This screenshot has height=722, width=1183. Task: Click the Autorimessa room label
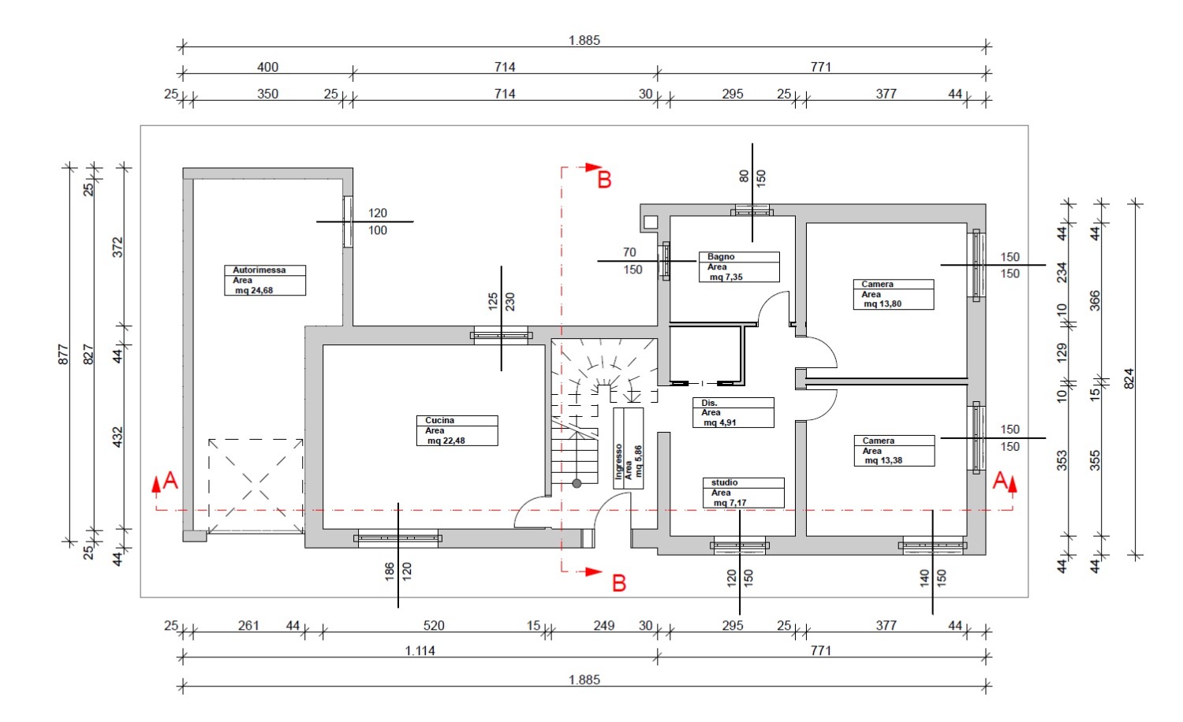[264, 281]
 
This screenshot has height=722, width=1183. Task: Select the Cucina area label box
[457, 430]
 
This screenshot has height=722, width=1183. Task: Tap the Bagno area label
[739, 266]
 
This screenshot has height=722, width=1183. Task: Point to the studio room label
[743, 493]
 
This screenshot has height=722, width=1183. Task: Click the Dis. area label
[733, 413]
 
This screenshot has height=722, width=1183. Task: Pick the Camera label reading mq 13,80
[893, 295]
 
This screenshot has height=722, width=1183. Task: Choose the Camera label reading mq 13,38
[894, 451]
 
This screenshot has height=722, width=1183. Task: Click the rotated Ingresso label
[628, 448]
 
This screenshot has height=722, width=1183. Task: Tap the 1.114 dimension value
[420, 651]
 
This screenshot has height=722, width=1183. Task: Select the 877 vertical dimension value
[63, 354]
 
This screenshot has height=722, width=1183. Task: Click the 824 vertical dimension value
[1129, 378]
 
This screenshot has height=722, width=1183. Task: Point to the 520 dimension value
[434, 625]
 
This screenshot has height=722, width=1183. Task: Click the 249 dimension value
[603, 625]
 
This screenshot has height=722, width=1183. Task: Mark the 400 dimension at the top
[268, 67]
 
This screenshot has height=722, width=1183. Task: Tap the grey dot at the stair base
[577, 483]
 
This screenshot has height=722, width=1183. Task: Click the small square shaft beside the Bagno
[651, 222]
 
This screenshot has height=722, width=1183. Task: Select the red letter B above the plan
[604, 180]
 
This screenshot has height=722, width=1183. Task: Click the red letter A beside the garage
[170, 480]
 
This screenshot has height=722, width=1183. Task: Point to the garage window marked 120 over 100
[348, 221]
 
